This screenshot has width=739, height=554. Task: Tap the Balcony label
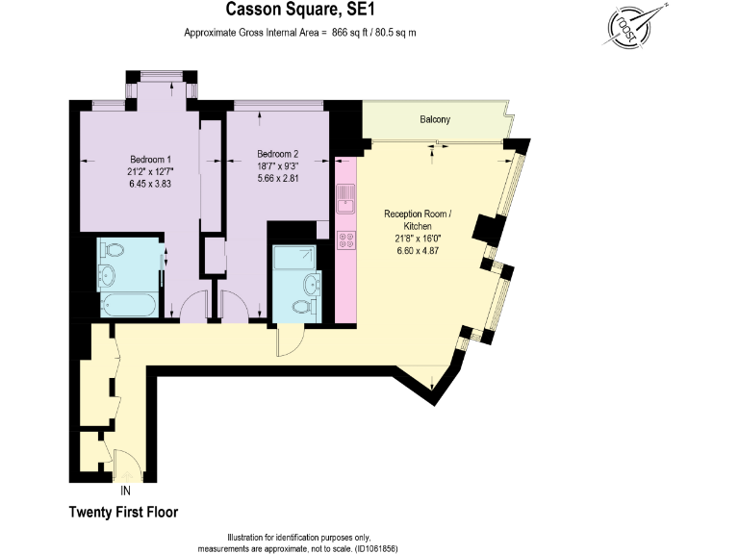pyautogui.click(x=435, y=120)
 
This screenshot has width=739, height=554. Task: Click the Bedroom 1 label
pyautogui.click(x=150, y=160)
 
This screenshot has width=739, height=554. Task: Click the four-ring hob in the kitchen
pyautogui.click(x=345, y=241)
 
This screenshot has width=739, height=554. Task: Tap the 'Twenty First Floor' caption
pyautogui.click(x=123, y=513)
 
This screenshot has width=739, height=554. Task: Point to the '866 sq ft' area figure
pyautogui.click(x=352, y=33)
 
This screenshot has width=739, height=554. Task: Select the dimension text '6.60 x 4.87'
pyautogui.click(x=412, y=250)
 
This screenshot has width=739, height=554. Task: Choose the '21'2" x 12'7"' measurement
pyautogui.click(x=150, y=172)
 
